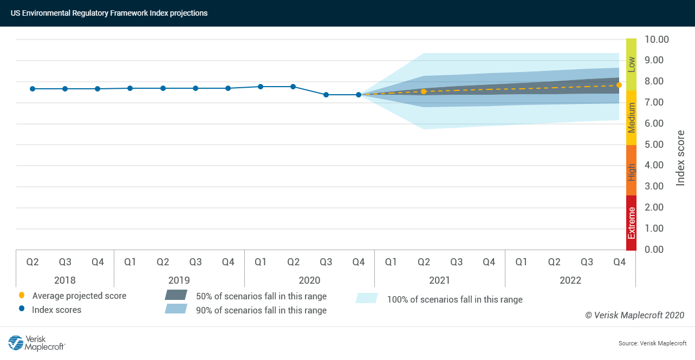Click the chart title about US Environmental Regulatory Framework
click(109, 13)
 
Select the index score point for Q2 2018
click(33, 89)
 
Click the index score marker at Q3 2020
click(326, 95)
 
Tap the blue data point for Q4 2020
click(359, 95)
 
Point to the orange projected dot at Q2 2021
click(424, 91)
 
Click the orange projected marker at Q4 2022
click(619, 85)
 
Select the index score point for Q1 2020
click(261, 87)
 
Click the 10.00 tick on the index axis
click(657, 40)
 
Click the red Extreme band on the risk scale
click(631, 223)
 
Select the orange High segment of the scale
click(631, 171)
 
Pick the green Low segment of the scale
click(631, 64)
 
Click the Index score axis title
click(681, 158)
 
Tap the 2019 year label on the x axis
click(179, 280)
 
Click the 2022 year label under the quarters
click(570, 280)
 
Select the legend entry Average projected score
click(79, 296)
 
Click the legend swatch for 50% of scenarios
click(176, 296)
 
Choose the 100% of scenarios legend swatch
click(367, 298)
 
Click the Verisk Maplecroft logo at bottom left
click(37, 343)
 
